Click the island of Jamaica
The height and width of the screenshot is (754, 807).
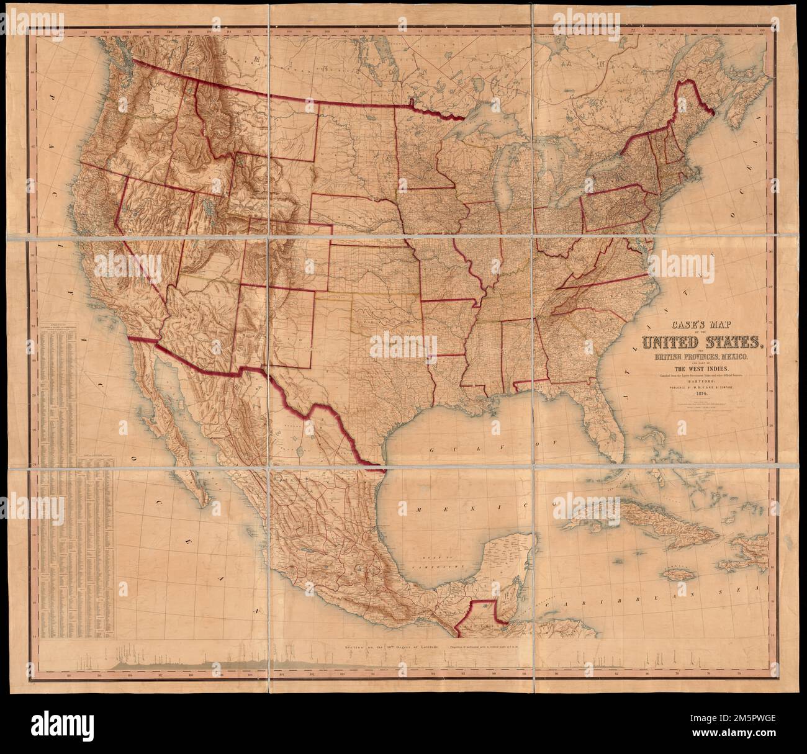coord(679,574)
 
